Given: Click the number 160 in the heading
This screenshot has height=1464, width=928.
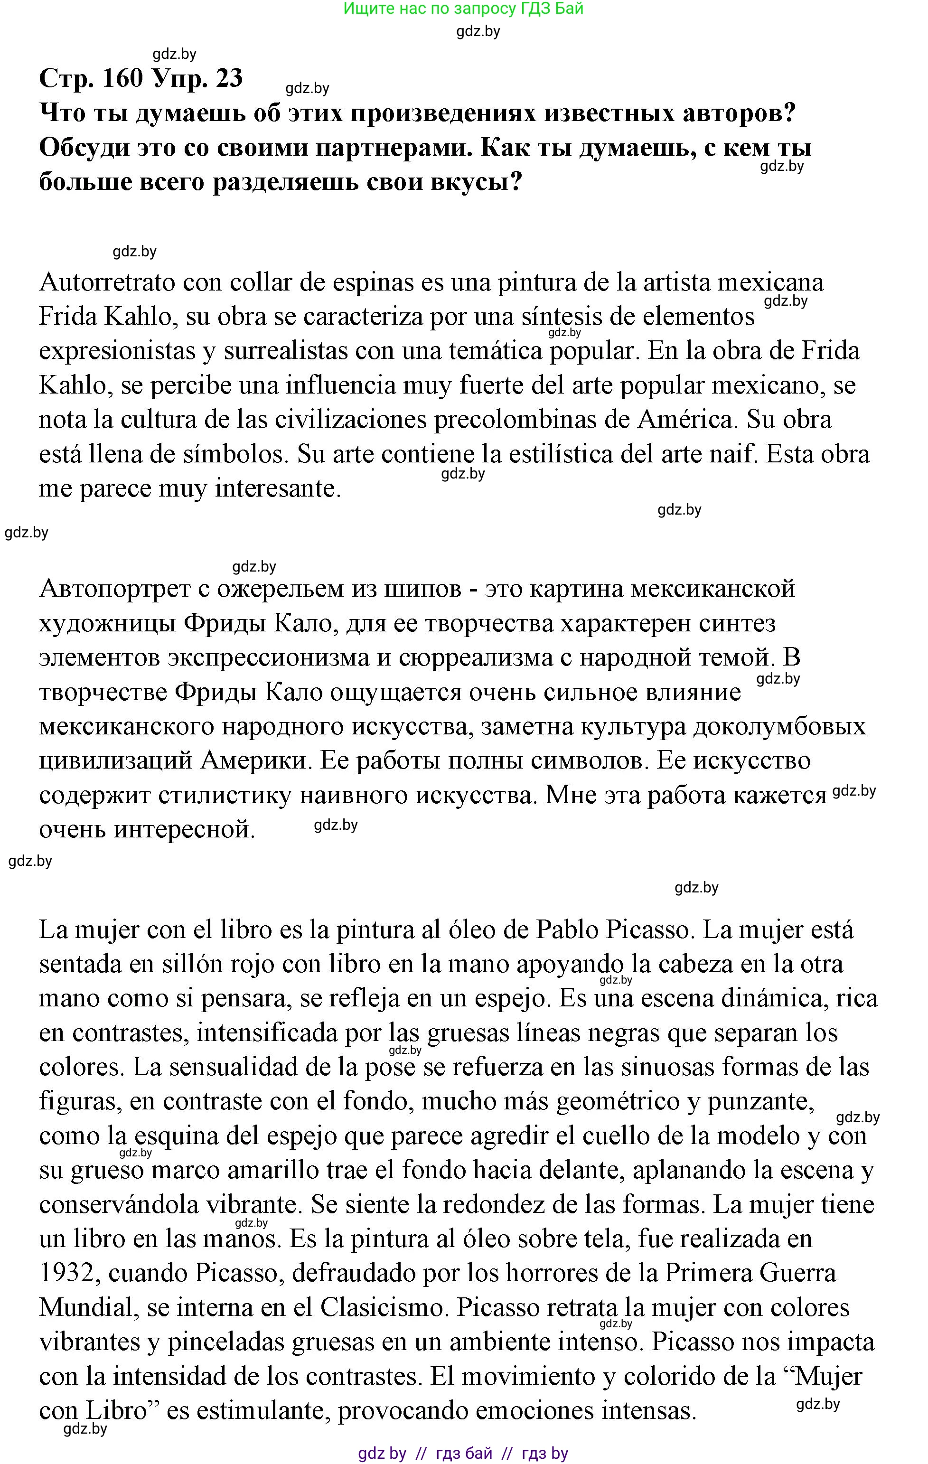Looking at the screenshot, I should [x=123, y=78].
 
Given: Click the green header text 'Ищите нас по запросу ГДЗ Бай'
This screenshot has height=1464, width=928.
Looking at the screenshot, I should [x=463, y=9].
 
